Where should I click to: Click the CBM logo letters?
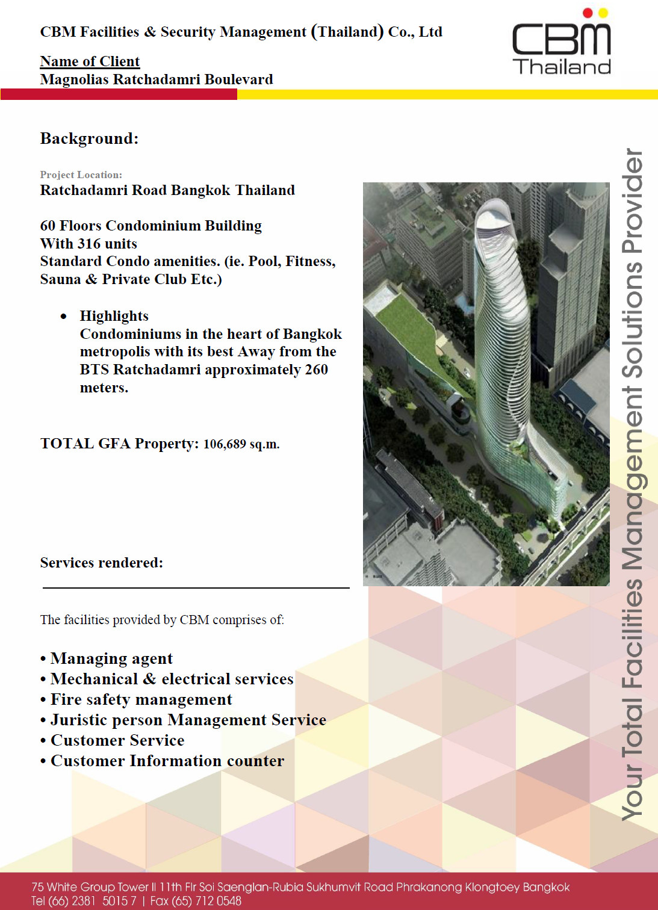pos(560,39)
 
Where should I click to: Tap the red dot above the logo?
pos(588,13)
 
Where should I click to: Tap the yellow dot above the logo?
pos(603,13)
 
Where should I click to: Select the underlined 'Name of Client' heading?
pos(90,61)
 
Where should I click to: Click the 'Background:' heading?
pos(89,138)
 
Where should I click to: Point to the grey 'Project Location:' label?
pos(81,175)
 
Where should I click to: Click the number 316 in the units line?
pos(88,244)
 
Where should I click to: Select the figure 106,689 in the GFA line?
pos(225,444)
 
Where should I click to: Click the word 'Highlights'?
pos(114,316)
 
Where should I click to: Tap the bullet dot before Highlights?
pos(63,317)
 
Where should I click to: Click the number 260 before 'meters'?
pos(316,370)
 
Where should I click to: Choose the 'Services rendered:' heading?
pos(101,563)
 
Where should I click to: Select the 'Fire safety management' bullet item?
pos(141,699)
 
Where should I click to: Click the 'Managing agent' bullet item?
pos(111,658)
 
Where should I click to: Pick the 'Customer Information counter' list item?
pos(167,761)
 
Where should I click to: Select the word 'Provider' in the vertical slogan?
pos(633,201)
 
